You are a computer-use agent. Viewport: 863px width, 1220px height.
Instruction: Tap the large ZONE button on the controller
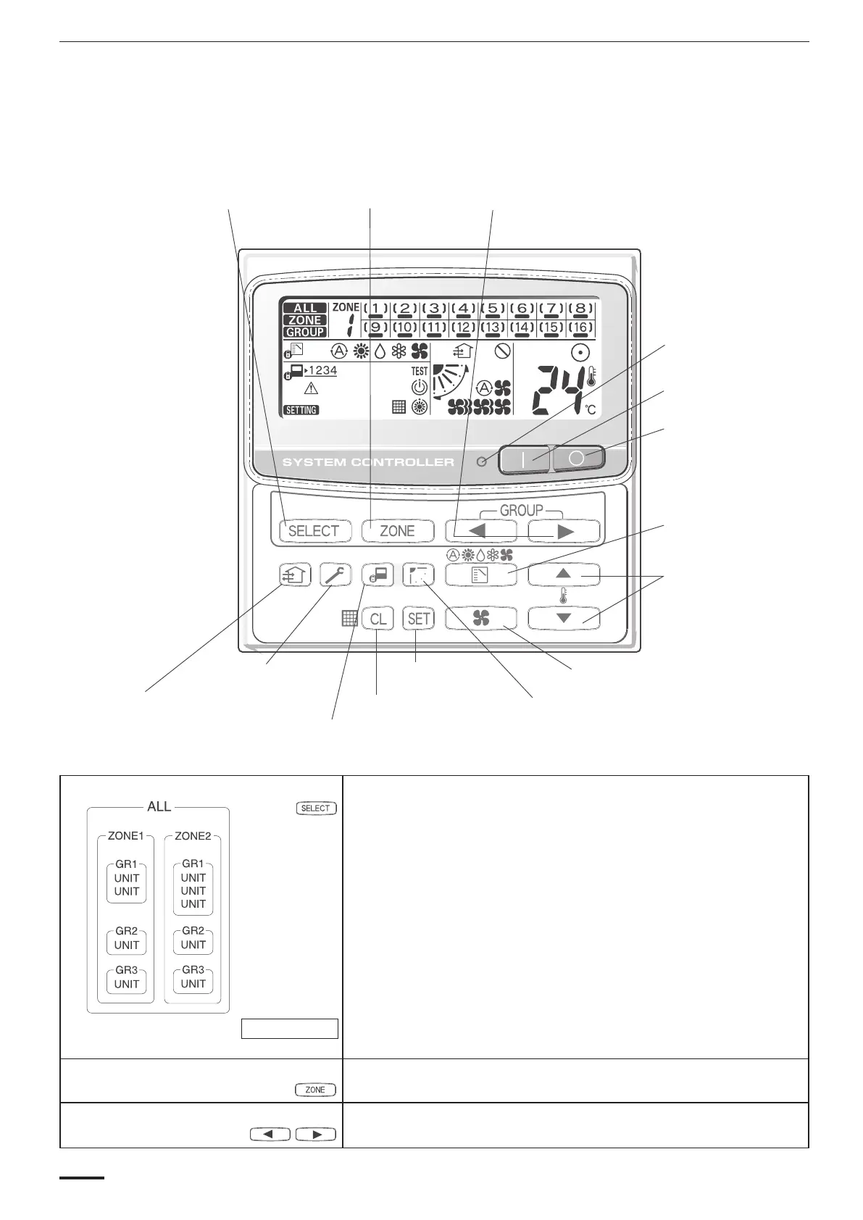click(397, 531)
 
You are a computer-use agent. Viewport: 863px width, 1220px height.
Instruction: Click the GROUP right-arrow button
click(564, 531)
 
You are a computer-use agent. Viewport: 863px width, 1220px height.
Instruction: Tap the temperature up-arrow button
click(564, 575)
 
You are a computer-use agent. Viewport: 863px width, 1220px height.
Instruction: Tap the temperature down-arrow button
click(564, 618)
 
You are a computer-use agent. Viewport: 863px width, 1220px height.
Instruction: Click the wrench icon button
click(335, 575)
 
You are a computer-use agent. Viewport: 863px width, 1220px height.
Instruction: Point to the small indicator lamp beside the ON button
click(482, 461)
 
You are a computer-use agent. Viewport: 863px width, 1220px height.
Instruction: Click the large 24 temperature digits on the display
click(558, 388)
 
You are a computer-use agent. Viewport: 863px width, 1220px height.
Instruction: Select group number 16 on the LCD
click(580, 327)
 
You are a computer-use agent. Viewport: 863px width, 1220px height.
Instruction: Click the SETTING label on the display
click(301, 410)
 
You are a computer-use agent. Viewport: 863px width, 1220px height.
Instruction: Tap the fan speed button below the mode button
click(481, 618)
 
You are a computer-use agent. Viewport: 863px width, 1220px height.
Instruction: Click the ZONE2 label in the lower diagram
click(193, 836)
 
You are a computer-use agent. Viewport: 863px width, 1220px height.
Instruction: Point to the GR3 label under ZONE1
click(126, 970)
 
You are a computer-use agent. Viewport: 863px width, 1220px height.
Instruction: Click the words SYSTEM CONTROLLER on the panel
click(368, 462)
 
